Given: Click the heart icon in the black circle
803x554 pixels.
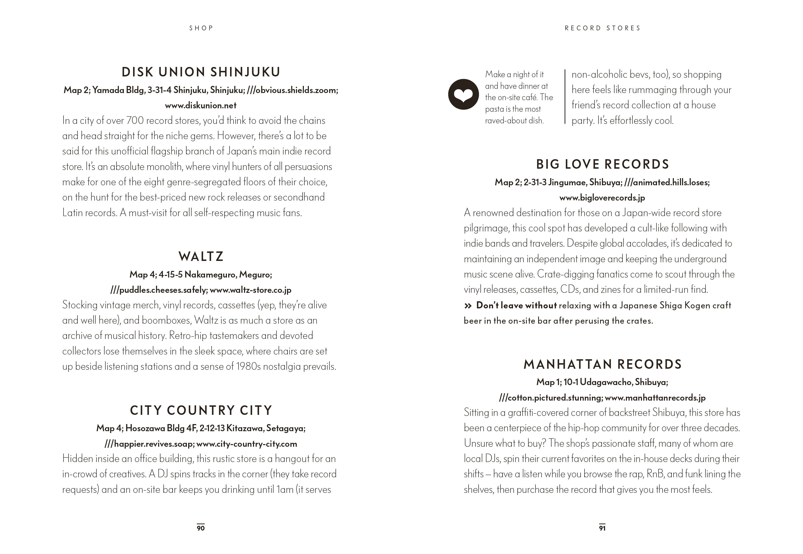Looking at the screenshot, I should pyautogui.click(x=463, y=94).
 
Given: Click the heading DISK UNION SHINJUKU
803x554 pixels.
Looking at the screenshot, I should pyautogui.click(x=201, y=72).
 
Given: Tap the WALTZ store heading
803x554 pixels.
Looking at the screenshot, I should pyautogui.click(x=201, y=256).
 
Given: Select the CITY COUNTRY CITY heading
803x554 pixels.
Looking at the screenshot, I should pyautogui.click(x=201, y=410).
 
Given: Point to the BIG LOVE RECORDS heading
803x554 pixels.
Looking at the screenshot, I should pyautogui.click(x=602, y=164).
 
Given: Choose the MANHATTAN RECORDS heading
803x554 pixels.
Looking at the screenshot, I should pyautogui.click(x=602, y=364).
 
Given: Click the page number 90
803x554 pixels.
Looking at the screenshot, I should pyautogui.click(x=201, y=528).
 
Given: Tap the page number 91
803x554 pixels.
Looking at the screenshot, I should pyautogui.click(x=602, y=528).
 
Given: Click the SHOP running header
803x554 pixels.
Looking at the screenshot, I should pyautogui.click(x=201, y=28).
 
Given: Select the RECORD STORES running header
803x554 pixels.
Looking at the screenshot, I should pyautogui.click(x=602, y=28).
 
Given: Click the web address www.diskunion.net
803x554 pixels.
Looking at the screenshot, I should pyautogui.click(x=201, y=105).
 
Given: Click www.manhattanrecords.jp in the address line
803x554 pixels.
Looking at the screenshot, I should pyautogui.click(x=655, y=398).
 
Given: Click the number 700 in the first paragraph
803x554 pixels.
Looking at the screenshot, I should pyautogui.click(x=135, y=121).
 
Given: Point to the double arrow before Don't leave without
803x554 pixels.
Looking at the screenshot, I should pyautogui.click(x=468, y=306).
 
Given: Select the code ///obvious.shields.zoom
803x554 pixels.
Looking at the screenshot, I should pyautogui.click(x=291, y=90).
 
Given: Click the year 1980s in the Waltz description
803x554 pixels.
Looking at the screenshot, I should pyautogui.click(x=248, y=367).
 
